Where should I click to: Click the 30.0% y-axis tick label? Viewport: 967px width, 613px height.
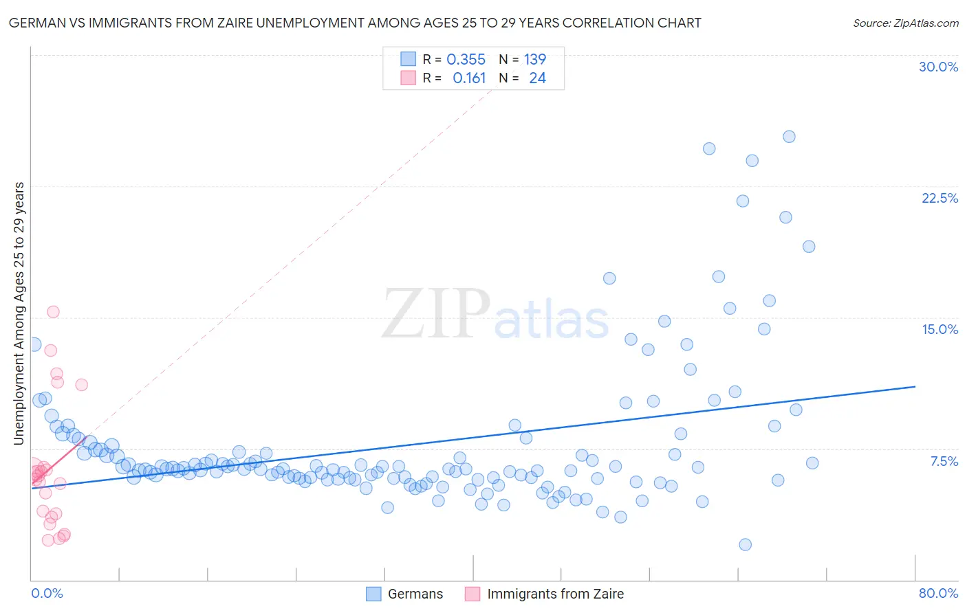pos(938,67)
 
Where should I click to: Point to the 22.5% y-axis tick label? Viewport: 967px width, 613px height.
pos(939,198)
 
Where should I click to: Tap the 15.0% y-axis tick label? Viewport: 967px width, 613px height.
pos(939,329)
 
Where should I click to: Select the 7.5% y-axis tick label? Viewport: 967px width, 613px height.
pos(944,461)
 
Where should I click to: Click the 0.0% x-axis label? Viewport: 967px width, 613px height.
pos(47,593)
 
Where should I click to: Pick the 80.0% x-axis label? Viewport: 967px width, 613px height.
pos(938,593)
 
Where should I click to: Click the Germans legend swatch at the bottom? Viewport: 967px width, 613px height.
pos(373,594)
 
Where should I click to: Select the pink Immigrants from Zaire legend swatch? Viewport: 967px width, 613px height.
pos(472,594)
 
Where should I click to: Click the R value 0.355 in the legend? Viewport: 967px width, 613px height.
pos(466,60)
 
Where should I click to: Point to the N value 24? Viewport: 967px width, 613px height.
pos(537,78)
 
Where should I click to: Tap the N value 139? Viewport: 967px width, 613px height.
pos(534,60)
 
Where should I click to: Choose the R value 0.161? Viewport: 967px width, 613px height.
pos(469,78)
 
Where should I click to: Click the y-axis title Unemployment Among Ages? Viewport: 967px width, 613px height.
pos(19,313)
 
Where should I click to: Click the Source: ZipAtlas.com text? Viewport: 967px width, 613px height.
pos(905,23)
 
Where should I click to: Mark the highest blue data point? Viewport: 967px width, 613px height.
pos(789,137)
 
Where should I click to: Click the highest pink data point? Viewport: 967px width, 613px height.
pos(53,312)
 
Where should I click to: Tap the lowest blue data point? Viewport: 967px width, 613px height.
pos(745,545)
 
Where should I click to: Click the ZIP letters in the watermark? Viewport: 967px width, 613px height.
pos(436,314)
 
